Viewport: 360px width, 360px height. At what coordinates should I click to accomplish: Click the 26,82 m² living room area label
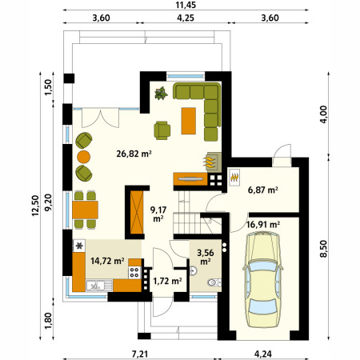click(134, 154)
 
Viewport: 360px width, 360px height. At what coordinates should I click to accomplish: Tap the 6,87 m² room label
click(263, 190)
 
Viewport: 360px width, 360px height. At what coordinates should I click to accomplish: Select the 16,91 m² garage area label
click(263, 225)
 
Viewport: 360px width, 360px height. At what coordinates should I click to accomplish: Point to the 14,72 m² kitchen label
click(107, 261)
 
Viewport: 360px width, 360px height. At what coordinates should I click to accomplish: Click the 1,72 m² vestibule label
click(167, 281)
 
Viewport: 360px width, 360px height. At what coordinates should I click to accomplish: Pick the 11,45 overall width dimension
click(186, 5)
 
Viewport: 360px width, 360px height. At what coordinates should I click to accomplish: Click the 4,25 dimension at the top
click(186, 18)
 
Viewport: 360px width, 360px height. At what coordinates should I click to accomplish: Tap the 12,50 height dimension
click(35, 206)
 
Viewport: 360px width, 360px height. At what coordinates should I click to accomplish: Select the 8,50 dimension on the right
click(323, 249)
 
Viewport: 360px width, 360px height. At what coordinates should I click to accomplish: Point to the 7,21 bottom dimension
click(140, 354)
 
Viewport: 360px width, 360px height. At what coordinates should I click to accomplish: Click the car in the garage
click(262, 279)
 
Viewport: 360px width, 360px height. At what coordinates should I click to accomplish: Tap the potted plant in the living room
click(161, 94)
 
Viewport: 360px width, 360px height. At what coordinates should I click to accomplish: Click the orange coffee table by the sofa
click(189, 121)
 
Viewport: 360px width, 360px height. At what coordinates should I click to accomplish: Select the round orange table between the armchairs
click(84, 157)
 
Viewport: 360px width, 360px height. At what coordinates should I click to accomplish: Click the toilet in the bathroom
click(214, 282)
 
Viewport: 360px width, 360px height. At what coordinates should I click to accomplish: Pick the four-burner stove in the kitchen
click(134, 273)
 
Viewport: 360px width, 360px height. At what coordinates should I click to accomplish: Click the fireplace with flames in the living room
click(213, 162)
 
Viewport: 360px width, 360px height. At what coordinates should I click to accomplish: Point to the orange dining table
click(85, 210)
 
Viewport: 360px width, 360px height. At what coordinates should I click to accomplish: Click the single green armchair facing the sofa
click(162, 130)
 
